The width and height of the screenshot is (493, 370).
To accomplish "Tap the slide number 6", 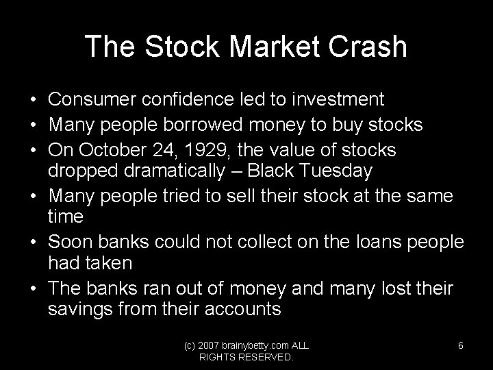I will [461, 346].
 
